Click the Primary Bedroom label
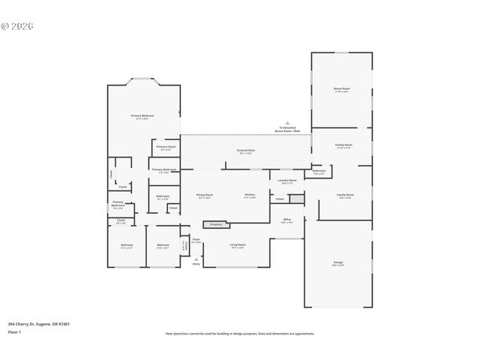pyautogui.click(x=142, y=115)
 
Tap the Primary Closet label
pyautogui.click(x=166, y=147)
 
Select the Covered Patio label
pyautogui.click(x=245, y=151)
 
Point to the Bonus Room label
pyautogui.click(x=341, y=88)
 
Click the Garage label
pyautogui.click(x=338, y=262)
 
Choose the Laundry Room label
pyautogui.click(x=287, y=181)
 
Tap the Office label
pyautogui.click(x=286, y=220)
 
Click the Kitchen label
pyautogui.click(x=249, y=196)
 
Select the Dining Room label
pyautogui.click(x=204, y=196)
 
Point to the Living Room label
pyautogui.click(x=238, y=246)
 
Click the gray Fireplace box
pyautogui.click(x=215, y=223)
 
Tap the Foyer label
pyautogui.click(x=196, y=241)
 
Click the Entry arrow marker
pyautogui.click(x=196, y=259)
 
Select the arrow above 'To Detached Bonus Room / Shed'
pyautogui.click(x=286, y=123)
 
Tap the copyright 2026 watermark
pyautogui.click(x=17, y=25)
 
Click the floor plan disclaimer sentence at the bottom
pyautogui.click(x=239, y=333)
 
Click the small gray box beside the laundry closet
pyautogui.click(x=295, y=199)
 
